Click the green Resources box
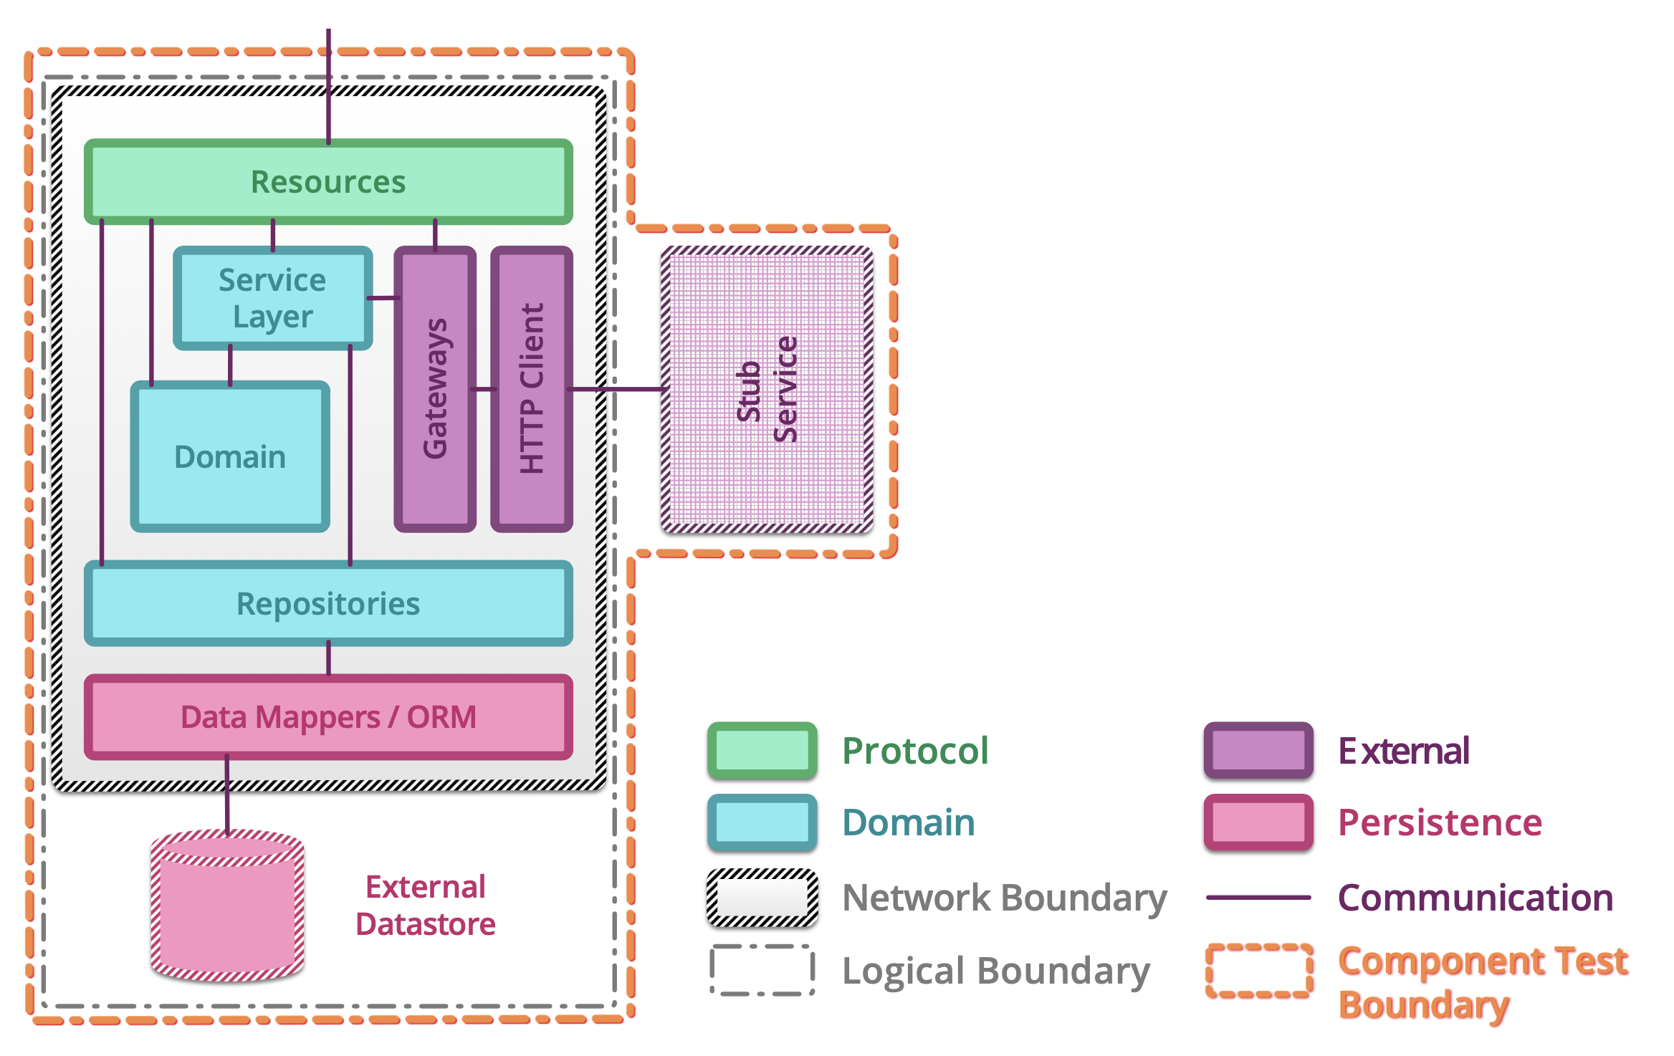click(x=328, y=181)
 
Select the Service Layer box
click(x=272, y=298)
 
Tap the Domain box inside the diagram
click(x=229, y=456)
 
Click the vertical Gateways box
click(x=435, y=389)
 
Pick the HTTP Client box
click(x=531, y=389)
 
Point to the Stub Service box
click(x=767, y=389)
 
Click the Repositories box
click(x=328, y=603)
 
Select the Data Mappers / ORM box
click(x=328, y=716)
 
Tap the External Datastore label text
click(x=426, y=906)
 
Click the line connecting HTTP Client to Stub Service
click(x=616, y=389)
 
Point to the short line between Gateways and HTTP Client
click(x=484, y=389)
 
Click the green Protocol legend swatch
click(x=762, y=750)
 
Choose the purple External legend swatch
click(x=1258, y=750)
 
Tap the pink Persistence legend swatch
click(x=1258, y=822)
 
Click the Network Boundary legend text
click(x=1004, y=898)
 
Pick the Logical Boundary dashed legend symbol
click(x=762, y=970)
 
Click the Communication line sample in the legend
click(x=1258, y=897)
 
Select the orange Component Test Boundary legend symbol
click(x=1258, y=970)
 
